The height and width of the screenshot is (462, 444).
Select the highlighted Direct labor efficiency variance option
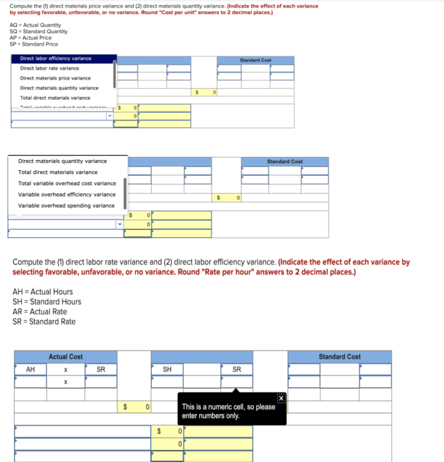tap(56, 59)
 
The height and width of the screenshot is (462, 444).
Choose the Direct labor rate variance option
tap(50, 69)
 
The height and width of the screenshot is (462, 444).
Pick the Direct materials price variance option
tap(55, 79)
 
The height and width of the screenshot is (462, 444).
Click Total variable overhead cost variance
tap(67, 184)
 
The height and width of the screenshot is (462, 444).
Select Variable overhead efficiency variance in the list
tap(66, 194)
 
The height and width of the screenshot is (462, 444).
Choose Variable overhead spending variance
tap(66, 206)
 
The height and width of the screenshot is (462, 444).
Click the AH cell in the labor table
tap(30, 370)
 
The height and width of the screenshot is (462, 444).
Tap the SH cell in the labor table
tap(167, 370)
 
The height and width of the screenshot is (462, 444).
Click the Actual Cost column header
tap(65, 357)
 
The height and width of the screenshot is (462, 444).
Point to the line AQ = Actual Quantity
tap(35, 25)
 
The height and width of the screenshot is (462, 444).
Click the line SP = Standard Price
tap(33, 44)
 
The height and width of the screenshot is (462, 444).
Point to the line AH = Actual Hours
tap(42, 292)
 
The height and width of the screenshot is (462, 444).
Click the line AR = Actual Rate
tap(40, 312)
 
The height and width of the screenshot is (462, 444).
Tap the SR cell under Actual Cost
tap(101, 370)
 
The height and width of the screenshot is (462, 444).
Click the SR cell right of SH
tap(237, 370)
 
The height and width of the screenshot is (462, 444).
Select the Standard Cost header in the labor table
tap(340, 357)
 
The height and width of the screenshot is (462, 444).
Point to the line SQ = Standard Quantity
tap(38, 32)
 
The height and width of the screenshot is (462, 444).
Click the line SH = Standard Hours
tap(47, 302)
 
